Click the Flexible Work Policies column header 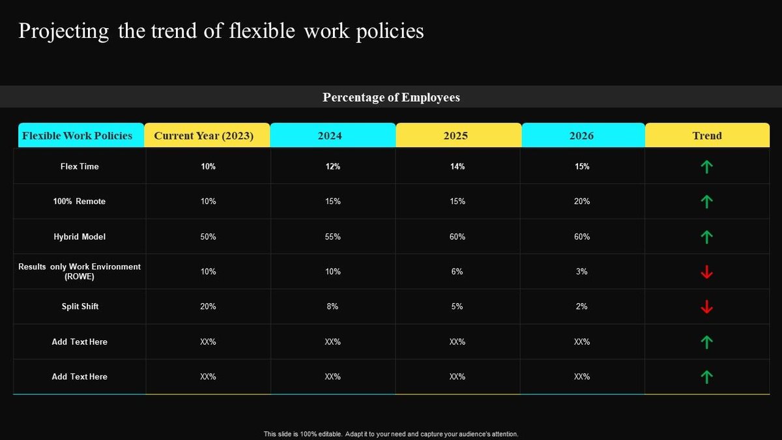78,136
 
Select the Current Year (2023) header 203,136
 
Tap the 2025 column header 456,136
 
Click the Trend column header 707,136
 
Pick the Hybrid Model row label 80,237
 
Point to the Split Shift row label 80,306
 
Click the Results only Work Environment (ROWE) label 80,271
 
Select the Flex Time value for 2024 332,166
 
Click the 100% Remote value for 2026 582,201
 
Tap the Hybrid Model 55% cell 332,237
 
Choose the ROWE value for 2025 457,271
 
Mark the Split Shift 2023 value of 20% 208,306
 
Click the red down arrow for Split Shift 706,306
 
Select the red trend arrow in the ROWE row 706,272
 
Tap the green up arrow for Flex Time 706,167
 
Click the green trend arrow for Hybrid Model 706,237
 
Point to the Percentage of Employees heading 391,97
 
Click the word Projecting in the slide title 63,31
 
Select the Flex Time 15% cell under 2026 582,166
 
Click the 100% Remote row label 80,201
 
